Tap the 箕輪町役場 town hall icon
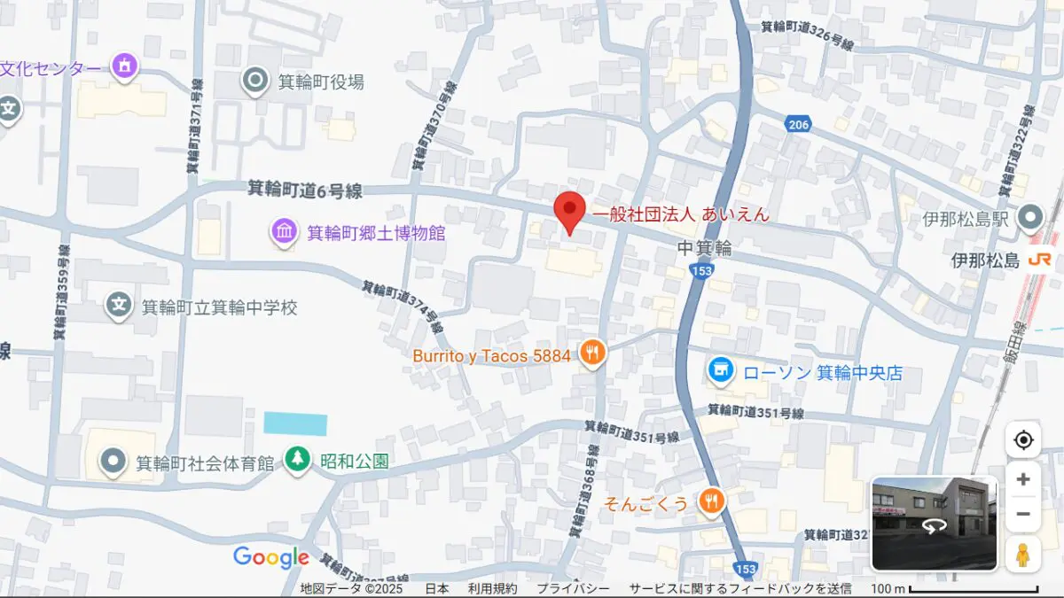click(255, 82)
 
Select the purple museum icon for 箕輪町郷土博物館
click(284, 233)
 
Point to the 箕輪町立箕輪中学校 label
click(219, 307)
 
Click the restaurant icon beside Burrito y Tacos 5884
click(592, 354)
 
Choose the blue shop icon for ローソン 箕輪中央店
click(720, 372)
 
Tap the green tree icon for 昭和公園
click(297, 460)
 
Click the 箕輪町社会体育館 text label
click(204, 462)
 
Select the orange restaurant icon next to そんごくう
click(710, 502)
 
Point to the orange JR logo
click(1039, 260)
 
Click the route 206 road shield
click(798, 125)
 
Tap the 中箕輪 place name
click(704, 249)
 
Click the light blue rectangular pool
click(295, 423)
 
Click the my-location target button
click(1023, 440)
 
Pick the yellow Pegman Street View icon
click(1023, 555)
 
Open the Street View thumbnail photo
click(934, 524)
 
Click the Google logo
click(270, 557)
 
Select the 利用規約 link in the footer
click(492, 589)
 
